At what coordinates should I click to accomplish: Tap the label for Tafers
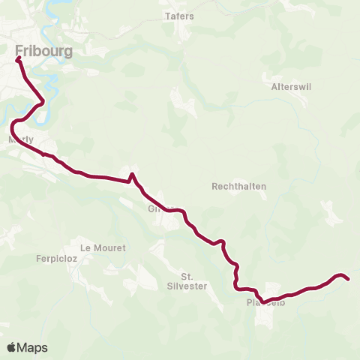pyautogui.click(x=178, y=16)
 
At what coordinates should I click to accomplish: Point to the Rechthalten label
pyautogui.click(x=239, y=186)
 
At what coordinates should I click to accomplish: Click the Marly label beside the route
pyautogui.click(x=19, y=140)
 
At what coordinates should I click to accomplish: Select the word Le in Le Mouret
pyautogui.click(x=85, y=247)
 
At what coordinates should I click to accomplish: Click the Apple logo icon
pyautogui.click(x=11, y=347)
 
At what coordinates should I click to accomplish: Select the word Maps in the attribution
pyautogui.click(x=32, y=347)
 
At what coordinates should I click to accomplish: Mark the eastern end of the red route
pyautogui.click(x=349, y=279)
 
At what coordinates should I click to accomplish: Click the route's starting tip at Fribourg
pyautogui.click(x=16, y=58)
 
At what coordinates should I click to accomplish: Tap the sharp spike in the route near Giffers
pyautogui.click(x=131, y=175)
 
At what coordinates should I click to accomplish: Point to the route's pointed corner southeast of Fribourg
pyautogui.click(x=43, y=101)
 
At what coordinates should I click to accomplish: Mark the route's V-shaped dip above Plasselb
pyautogui.click(x=263, y=302)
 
